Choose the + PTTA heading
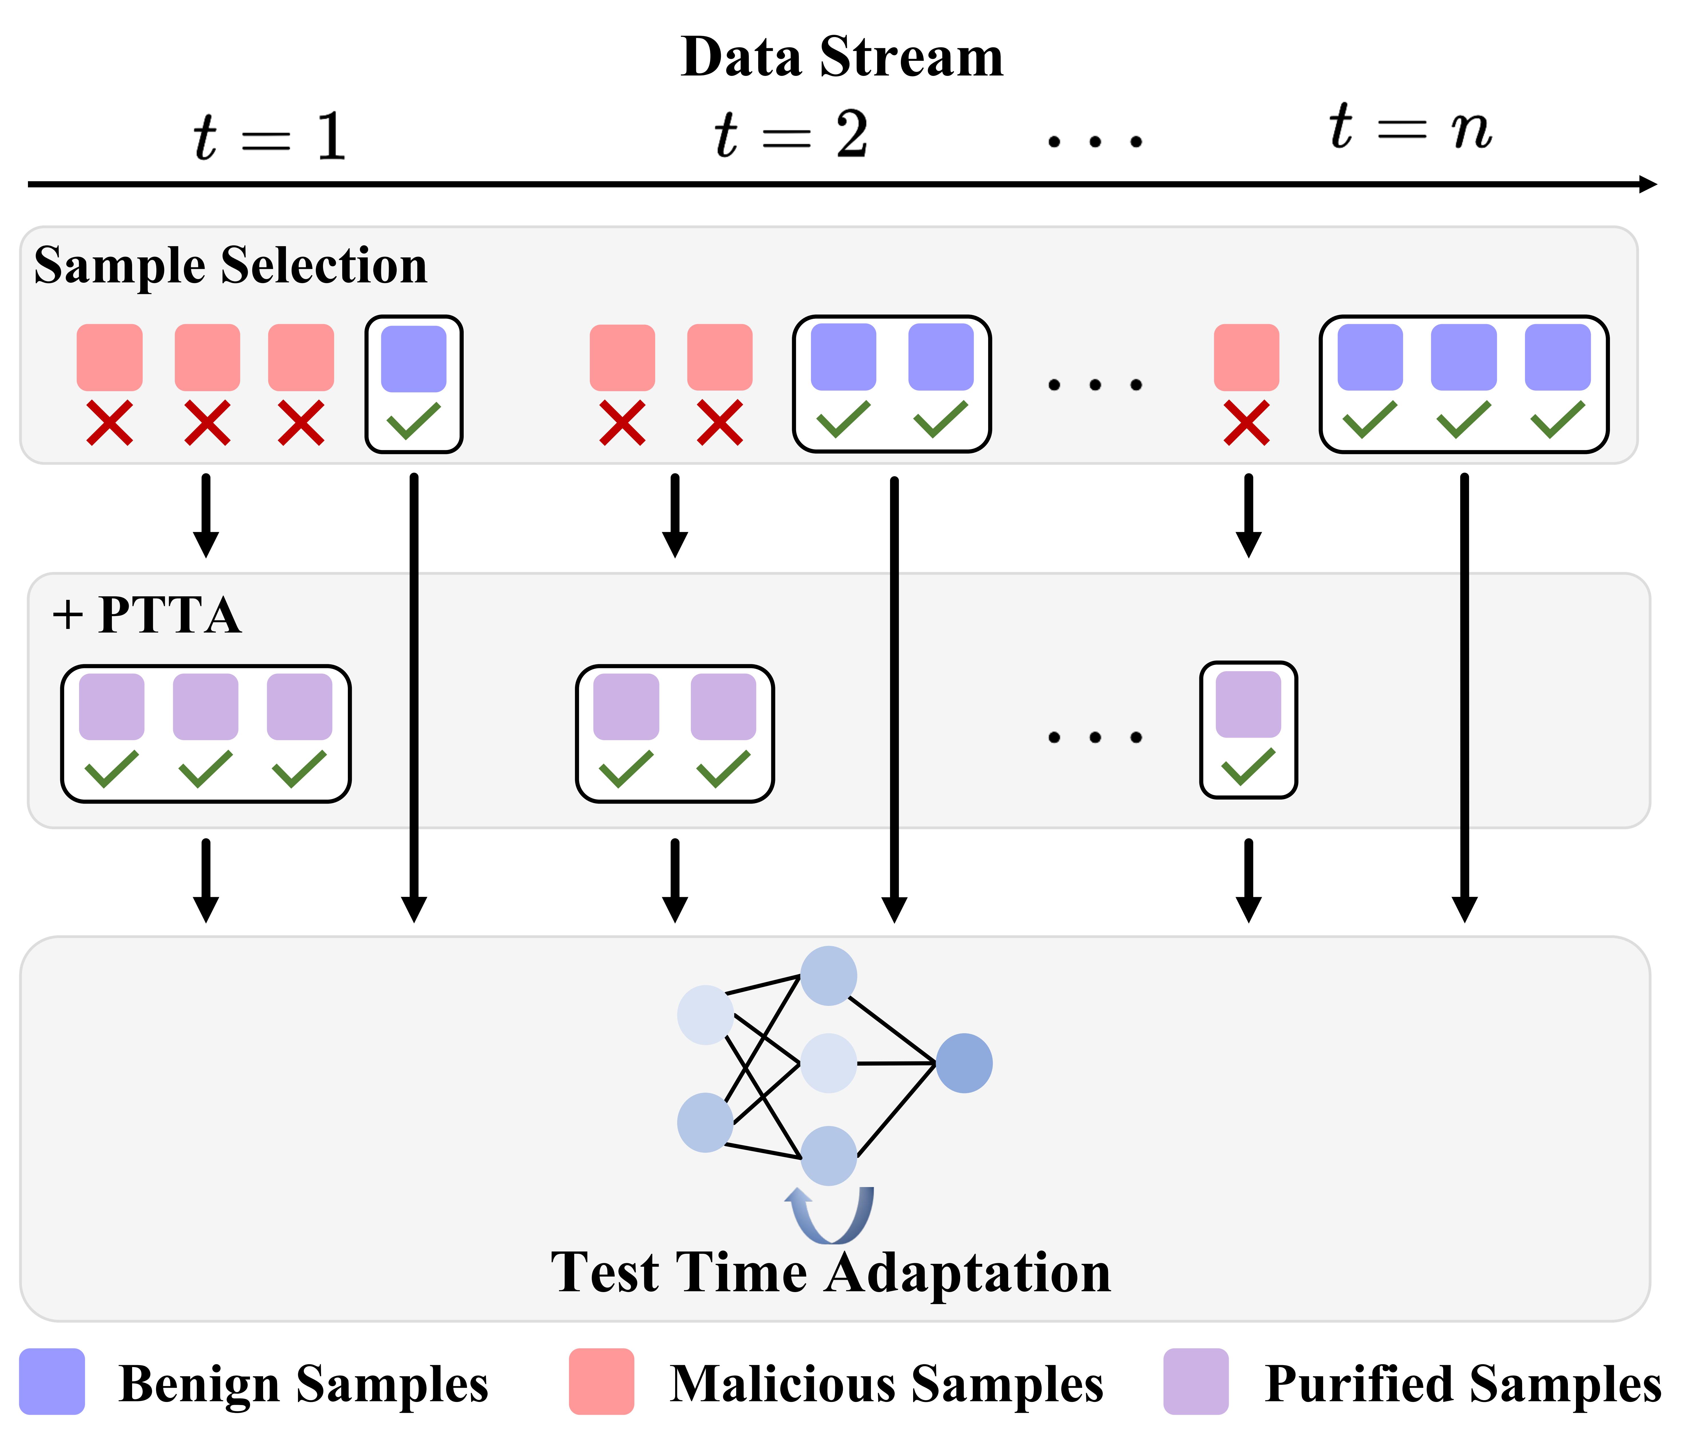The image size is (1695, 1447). (147, 615)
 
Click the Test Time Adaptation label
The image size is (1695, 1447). (830, 1273)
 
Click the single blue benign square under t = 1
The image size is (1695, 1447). (414, 358)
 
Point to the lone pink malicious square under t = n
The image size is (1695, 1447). (1246, 358)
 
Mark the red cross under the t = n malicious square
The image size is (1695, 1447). (1246, 423)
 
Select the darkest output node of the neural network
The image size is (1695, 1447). (964, 1063)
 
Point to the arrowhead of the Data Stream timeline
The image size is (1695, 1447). (1646, 184)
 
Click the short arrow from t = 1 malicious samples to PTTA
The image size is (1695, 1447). (206, 515)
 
